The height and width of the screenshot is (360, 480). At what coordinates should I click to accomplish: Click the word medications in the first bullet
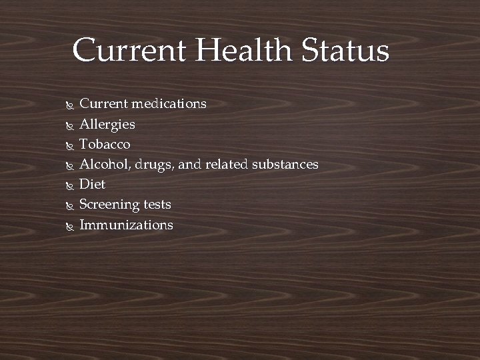coord(169,104)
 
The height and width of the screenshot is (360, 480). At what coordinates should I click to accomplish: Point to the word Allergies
coord(107,125)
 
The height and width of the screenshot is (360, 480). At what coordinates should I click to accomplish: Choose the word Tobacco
coord(105,144)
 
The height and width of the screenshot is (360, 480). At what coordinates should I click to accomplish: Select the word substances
coord(285,164)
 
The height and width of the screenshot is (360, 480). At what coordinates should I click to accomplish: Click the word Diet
coord(93,184)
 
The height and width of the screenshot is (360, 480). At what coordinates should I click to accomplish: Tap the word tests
coord(157,205)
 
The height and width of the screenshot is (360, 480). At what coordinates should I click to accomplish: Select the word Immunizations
coord(126,225)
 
